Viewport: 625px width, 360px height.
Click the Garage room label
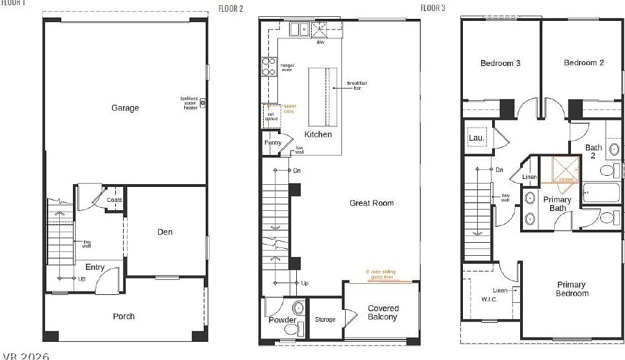[124, 108]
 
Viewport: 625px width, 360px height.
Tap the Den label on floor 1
[165, 232]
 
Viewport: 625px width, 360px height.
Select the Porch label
[124, 316]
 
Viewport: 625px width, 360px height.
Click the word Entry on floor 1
[95, 268]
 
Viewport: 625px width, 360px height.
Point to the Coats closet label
[115, 200]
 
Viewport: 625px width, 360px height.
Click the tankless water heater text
[189, 103]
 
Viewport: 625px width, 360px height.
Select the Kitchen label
[318, 135]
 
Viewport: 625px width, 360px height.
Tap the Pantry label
[273, 143]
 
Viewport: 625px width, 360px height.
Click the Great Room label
[371, 203]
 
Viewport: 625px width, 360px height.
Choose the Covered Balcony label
[383, 312]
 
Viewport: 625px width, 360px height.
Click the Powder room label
[283, 320]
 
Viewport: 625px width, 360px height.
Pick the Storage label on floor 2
[325, 320]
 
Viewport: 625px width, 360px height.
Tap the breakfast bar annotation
[357, 85]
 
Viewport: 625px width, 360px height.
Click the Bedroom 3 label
[500, 63]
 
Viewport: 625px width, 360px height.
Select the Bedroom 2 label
[583, 63]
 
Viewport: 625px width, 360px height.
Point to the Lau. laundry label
[475, 138]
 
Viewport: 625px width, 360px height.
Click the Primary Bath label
[557, 204]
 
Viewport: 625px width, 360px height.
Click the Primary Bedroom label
[572, 288]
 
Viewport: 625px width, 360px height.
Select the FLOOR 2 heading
[231, 8]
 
